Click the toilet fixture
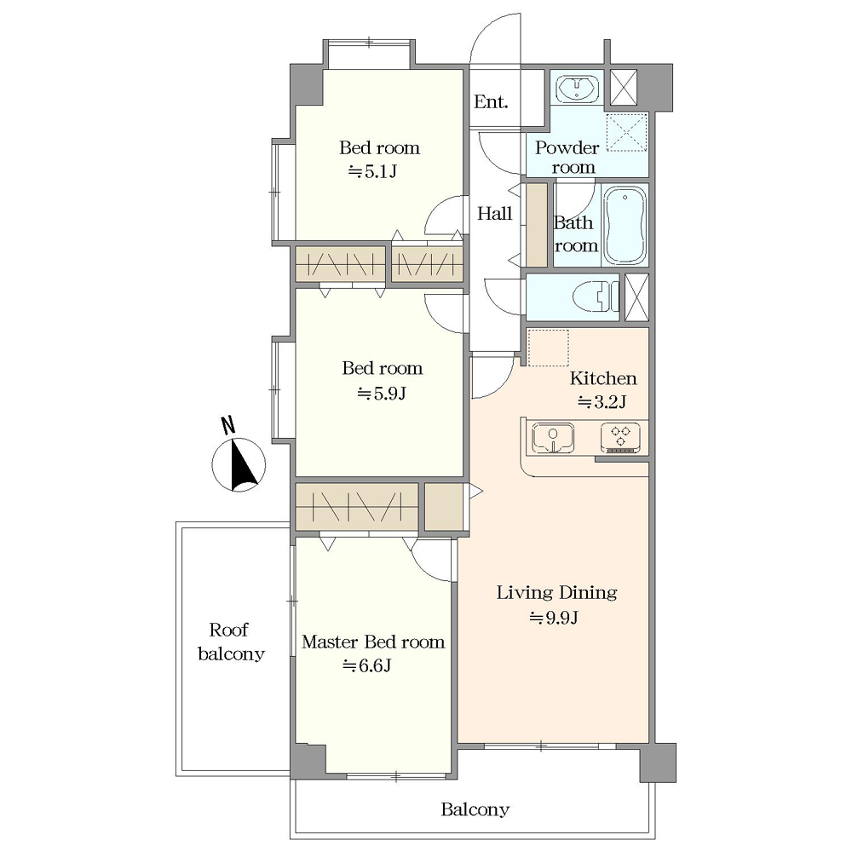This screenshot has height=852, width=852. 596,296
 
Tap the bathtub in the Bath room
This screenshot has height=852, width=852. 625,226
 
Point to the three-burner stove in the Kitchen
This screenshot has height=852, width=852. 620,439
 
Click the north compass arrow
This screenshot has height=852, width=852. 242,466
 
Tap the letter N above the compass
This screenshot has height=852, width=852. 228,425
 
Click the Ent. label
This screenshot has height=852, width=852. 491,101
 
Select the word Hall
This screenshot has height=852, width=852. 494,214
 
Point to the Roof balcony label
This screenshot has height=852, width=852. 231,642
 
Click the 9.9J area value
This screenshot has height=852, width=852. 554,618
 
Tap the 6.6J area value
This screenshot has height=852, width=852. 366,665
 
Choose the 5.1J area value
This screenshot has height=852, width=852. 373,172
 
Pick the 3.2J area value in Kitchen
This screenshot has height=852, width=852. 602,402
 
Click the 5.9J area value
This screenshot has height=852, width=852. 382,393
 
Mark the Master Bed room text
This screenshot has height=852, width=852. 373,642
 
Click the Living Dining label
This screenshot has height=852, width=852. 557,592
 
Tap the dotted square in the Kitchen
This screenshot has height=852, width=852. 548,348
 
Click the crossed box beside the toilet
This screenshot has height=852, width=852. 636,297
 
